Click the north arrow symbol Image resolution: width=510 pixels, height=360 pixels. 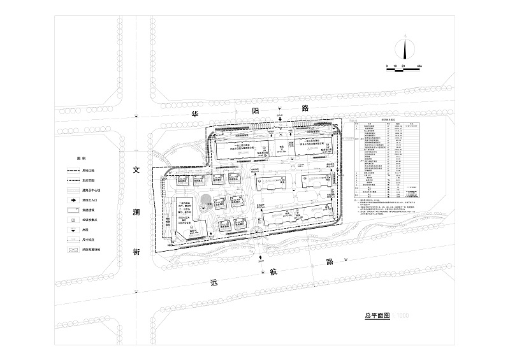point(404,49)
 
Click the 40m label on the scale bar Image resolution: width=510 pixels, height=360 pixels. point(419,66)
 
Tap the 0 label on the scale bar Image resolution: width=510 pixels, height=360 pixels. point(386,66)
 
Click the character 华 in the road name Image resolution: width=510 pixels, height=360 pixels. point(196,112)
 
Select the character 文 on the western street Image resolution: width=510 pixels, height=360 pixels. point(136,171)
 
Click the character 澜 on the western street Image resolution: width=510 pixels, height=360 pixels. point(136,211)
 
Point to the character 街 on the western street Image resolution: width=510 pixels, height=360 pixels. point(136,252)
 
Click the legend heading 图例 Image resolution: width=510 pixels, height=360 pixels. point(81,158)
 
